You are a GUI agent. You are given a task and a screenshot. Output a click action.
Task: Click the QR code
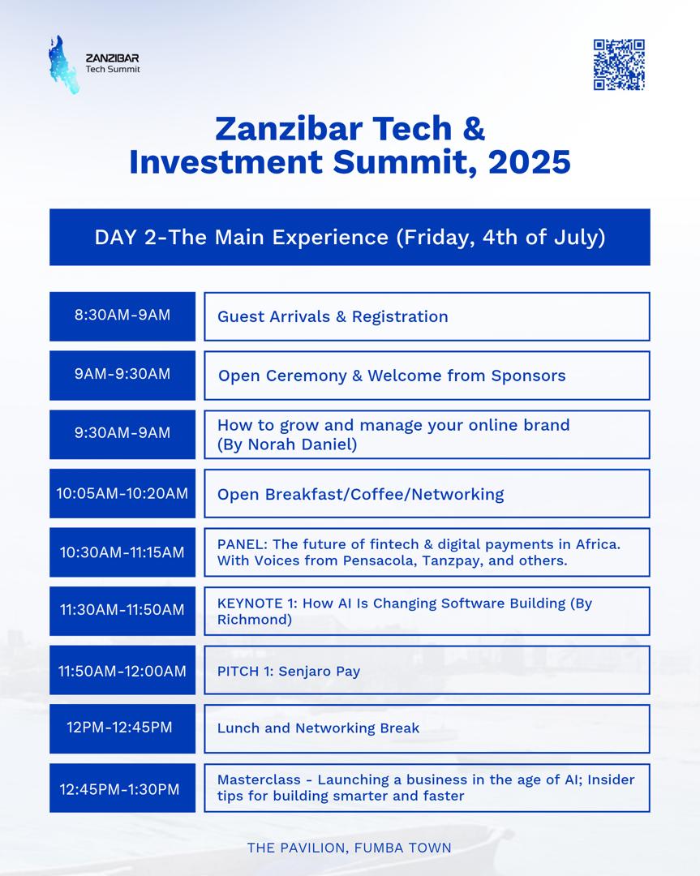click(x=619, y=65)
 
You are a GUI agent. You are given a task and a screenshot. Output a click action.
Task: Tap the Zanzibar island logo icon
click(x=62, y=65)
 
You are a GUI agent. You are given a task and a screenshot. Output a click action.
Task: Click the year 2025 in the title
click(x=529, y=162)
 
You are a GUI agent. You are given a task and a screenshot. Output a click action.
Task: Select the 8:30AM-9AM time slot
click(x=122, y=316)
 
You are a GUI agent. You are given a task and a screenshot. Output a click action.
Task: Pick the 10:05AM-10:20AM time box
click(x=122, y=493)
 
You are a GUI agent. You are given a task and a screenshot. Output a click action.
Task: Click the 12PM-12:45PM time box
click(x=122, y=728)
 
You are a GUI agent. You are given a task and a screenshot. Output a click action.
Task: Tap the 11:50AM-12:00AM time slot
click(x=122, y=670)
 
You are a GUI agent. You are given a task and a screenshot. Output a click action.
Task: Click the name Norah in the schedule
click(x=270, y=444)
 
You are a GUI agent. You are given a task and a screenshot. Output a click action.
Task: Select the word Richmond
click(x=253, y=620)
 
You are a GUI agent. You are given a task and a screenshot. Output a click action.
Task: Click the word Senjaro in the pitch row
click(x=305, y=672)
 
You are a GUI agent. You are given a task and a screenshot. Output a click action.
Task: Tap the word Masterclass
click(x=259, y=779)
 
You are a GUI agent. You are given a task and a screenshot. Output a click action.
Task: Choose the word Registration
click(x=400, y=317)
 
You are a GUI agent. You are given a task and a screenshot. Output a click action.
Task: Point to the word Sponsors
click(x=529, y=376)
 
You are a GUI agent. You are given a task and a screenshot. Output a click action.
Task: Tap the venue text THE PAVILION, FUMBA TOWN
click(x=349, y=848)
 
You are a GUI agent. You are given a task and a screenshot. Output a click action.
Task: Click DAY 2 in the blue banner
click(x=126, y=238)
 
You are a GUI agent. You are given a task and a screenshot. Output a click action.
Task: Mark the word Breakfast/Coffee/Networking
click(x=384, y=495)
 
